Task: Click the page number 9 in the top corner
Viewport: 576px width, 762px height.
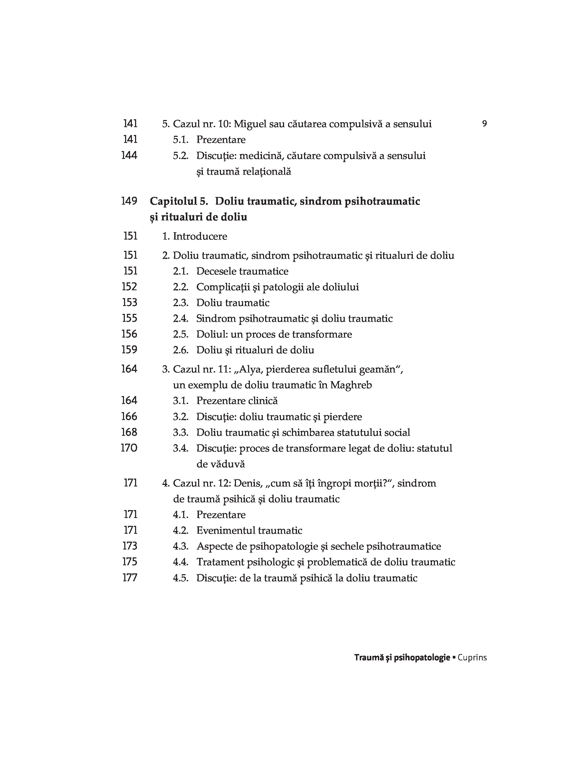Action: (484, 124)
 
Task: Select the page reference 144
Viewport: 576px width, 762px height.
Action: (129, 155)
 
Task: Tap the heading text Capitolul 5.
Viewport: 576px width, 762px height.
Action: (179, 201)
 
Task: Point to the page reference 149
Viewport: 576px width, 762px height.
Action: (129, 201)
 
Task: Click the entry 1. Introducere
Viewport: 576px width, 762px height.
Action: (195, 236)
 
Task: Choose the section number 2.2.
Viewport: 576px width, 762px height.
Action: (181, 287)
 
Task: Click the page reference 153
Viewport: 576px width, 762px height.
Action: (130, 302)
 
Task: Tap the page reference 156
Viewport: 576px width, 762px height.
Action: (129, 334)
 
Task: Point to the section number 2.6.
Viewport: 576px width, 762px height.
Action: (181, 350)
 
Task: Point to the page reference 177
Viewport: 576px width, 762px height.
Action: (130, 578)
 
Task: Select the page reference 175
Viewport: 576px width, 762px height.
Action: (130, 562)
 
